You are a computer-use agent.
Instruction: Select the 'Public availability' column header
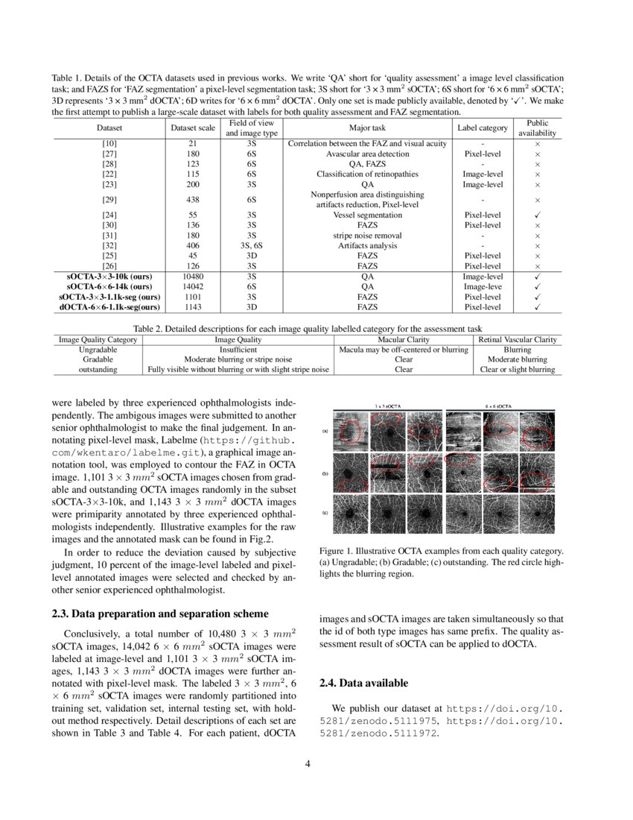pyautogui.click(x=537, y=127)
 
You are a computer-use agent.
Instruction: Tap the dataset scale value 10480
pyautogui.click(x=192, y=276)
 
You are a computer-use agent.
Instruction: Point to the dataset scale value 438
pyautogui.click(x=192, y=200)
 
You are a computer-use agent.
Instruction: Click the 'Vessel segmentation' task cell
pyautogui.click(x=367, y=215)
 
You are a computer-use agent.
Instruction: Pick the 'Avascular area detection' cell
pyautogui.click(x=367, y=154)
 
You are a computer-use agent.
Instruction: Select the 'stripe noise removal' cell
pyautogui.click(x=367, y=235)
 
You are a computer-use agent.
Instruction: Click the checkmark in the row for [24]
pyautogui.click(x=537, y=215)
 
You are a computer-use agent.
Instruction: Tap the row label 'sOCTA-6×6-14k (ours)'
pyautogui.click(x=109, y=286)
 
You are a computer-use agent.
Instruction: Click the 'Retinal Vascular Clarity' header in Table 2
pyautogui.click(x=517, y=339)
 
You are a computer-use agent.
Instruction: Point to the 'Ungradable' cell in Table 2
pyautogui.click(x=97, y=349)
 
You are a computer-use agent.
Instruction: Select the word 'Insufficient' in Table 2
pyautogui.click(x=238, y=349)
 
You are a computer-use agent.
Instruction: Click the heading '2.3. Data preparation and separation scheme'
pyautogui.click(x=160, y=614)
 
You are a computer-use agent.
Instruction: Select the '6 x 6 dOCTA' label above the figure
pyautogui.click(x=497, y=406)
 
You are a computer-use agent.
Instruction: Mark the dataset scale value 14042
pyautogui.click(x=192, y=286)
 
